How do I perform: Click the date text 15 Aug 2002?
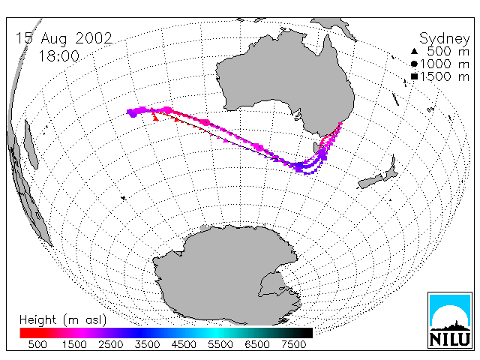tap(64, 38)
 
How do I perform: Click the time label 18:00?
tap(58, 56)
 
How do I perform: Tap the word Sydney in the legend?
tap(445, 39)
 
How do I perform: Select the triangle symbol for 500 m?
tap(414, 51)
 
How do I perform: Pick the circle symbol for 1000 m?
tap(414, 64)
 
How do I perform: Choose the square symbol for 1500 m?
tap(414, 76)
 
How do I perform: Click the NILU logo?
tap(450, 320)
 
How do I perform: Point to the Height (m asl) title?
tap(63, 320)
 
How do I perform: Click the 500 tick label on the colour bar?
tap(37, 345)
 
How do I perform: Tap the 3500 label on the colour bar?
tap(147, 345)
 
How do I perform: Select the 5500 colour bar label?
tap(220, 345)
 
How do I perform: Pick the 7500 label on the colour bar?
tap(293, 345)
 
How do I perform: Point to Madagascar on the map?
tap(31, 145)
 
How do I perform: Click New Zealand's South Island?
tap(370, 181)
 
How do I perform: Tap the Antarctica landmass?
tap(226, 275)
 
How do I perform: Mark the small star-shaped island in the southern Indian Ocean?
tap(123, 198)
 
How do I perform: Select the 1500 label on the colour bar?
tap(74, 345)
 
